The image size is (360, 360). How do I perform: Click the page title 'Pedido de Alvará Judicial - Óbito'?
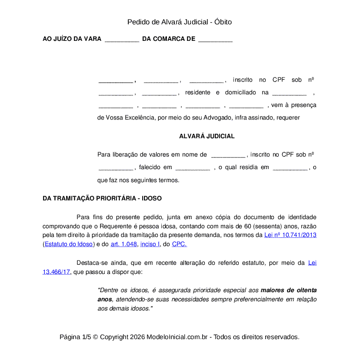(x=180, y=22)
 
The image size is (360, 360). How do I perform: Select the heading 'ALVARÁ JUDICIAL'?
(x=207, y=136)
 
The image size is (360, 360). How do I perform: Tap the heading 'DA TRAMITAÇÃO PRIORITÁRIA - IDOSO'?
(x=102, y=198)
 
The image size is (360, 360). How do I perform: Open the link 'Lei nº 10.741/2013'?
(x=290, y=235)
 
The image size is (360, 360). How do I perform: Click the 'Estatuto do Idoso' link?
(x=69, y=244)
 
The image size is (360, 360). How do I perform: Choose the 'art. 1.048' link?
(x=123, y=244)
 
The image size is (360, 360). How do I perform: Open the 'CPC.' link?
(x=179, y=244)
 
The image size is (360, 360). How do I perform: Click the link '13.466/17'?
(x=57, y=272)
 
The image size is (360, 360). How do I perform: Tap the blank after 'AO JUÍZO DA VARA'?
(x=122, y=39)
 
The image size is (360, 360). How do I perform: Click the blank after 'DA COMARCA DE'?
(x=215, y=39)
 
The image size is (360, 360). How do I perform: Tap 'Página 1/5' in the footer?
(x=75, y=337)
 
